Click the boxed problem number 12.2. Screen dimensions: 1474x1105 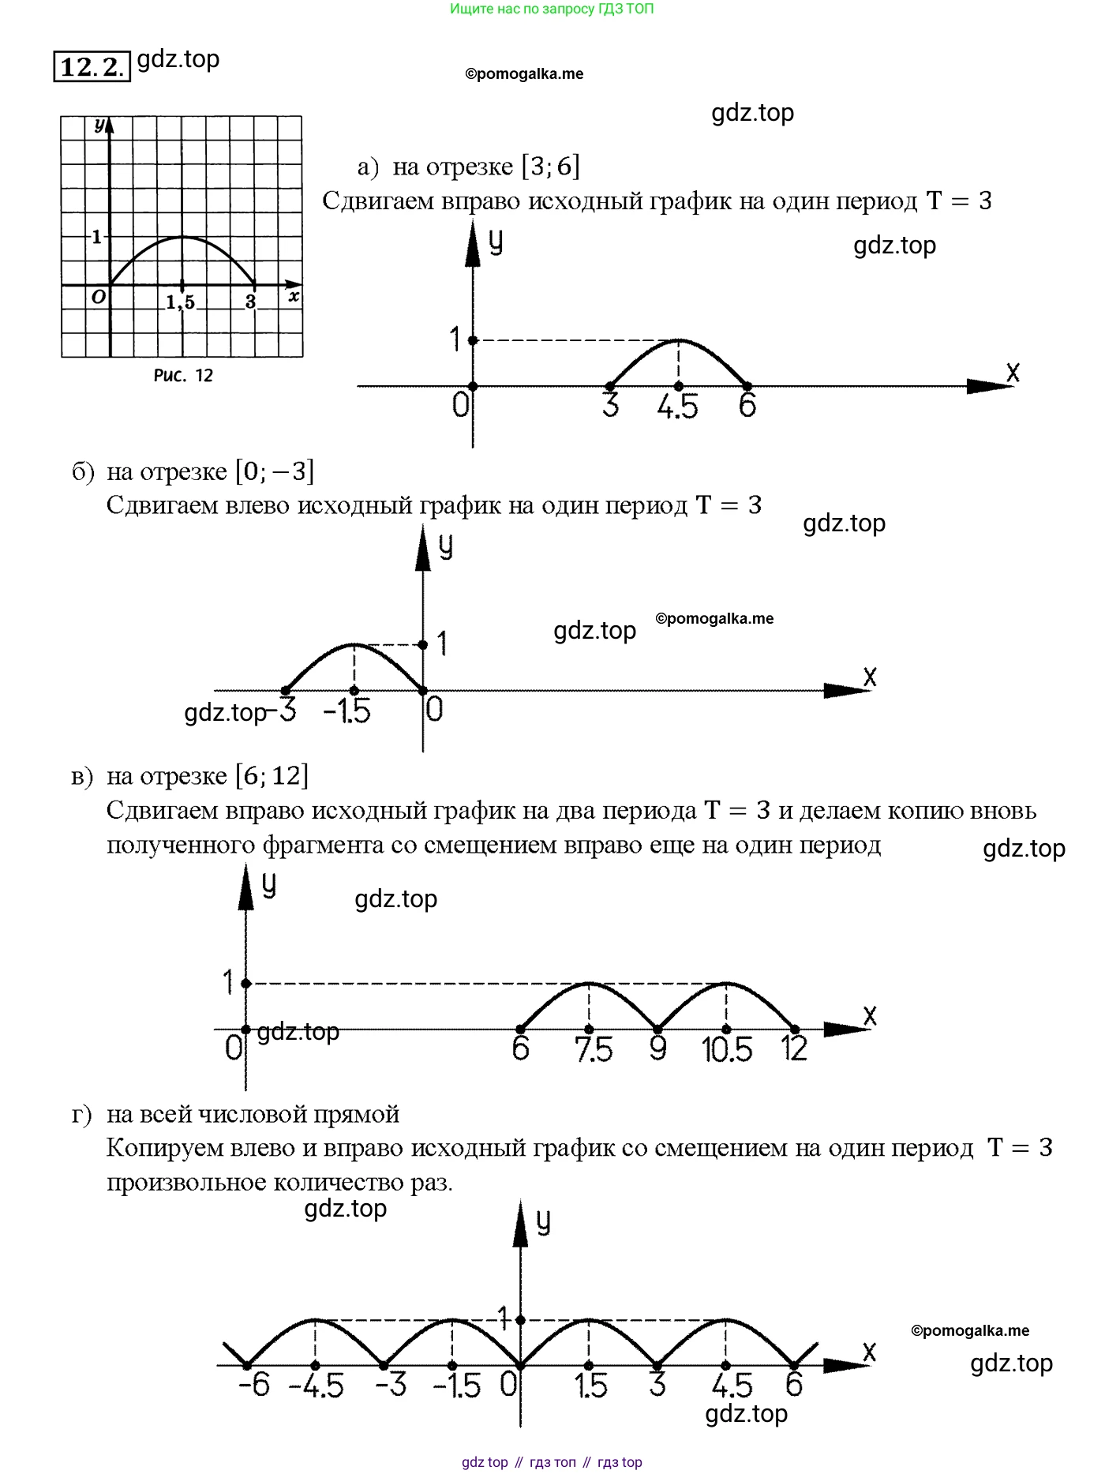click(92, 66)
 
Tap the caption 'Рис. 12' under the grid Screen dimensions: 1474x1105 click(183, 376)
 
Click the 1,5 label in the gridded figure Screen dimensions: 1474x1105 click(180, 302)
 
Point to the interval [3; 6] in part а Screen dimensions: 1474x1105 click(550, 167)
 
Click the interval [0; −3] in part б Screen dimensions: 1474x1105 click(275, 471)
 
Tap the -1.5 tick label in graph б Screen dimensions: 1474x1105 click(347, 711)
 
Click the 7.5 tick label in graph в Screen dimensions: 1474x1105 click(594, 1050)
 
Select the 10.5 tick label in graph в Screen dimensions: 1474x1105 click(726, 1050)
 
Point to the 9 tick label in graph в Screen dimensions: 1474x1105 click(657, 1049)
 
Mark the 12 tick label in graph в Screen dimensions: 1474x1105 click(794, 1049)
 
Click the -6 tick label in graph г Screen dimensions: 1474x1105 click(254, 1385)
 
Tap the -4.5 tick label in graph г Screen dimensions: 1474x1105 click(316, 1386)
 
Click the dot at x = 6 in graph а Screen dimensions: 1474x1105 click(747, 386)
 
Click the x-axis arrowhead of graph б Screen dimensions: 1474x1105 click(845, 691)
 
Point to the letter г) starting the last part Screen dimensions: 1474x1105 click(82, 1115)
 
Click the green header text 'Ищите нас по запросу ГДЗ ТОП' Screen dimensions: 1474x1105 click(552, 9)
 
